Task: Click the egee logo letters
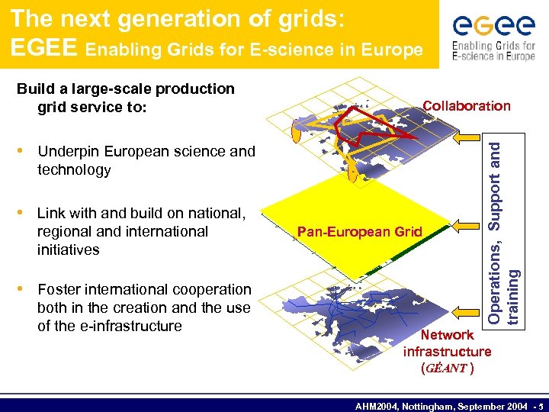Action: pyautogui.click(x=493, y=27)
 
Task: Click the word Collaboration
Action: pyautogui.click(x=467, y=106)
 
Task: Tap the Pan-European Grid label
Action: pyautogui.click(x=359, y=231)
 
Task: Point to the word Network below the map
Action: pyautogui.click(x=448, y=334)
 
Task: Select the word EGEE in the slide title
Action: pyautogui.click(x=43, y=48)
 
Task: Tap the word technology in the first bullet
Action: pyautogui.click(x=74, y=169)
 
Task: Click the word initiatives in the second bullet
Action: pyautogui.click(x=69, y=249)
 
